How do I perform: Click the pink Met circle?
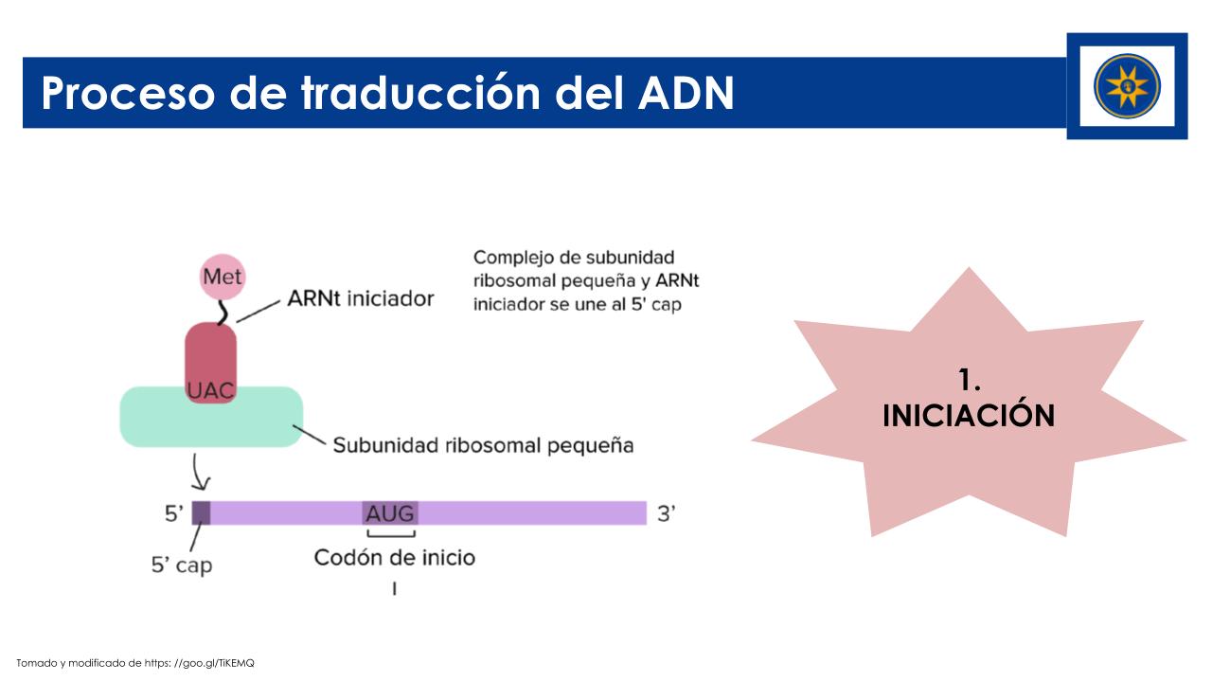tap(223, 277)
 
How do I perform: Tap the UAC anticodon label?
tap(210, 390)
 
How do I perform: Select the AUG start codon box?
tap(390, 513)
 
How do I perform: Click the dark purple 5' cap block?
tap(202, 513)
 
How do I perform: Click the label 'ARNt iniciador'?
tap(361, 298)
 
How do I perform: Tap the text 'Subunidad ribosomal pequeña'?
tap(483, 445)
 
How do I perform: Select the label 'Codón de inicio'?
tap(395, 558)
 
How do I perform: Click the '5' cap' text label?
tap(182, 565)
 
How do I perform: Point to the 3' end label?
tap(667, 513)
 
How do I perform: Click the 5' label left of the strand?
tap(174, 513)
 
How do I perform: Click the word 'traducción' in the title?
tap(421, 93)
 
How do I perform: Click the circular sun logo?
tap(1127, 86)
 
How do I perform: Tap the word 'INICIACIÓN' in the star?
tap(969, 416)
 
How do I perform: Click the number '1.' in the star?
tap(969, 380)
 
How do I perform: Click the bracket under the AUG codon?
tap(391, 534)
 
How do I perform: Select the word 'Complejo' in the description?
tap(513, 259)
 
